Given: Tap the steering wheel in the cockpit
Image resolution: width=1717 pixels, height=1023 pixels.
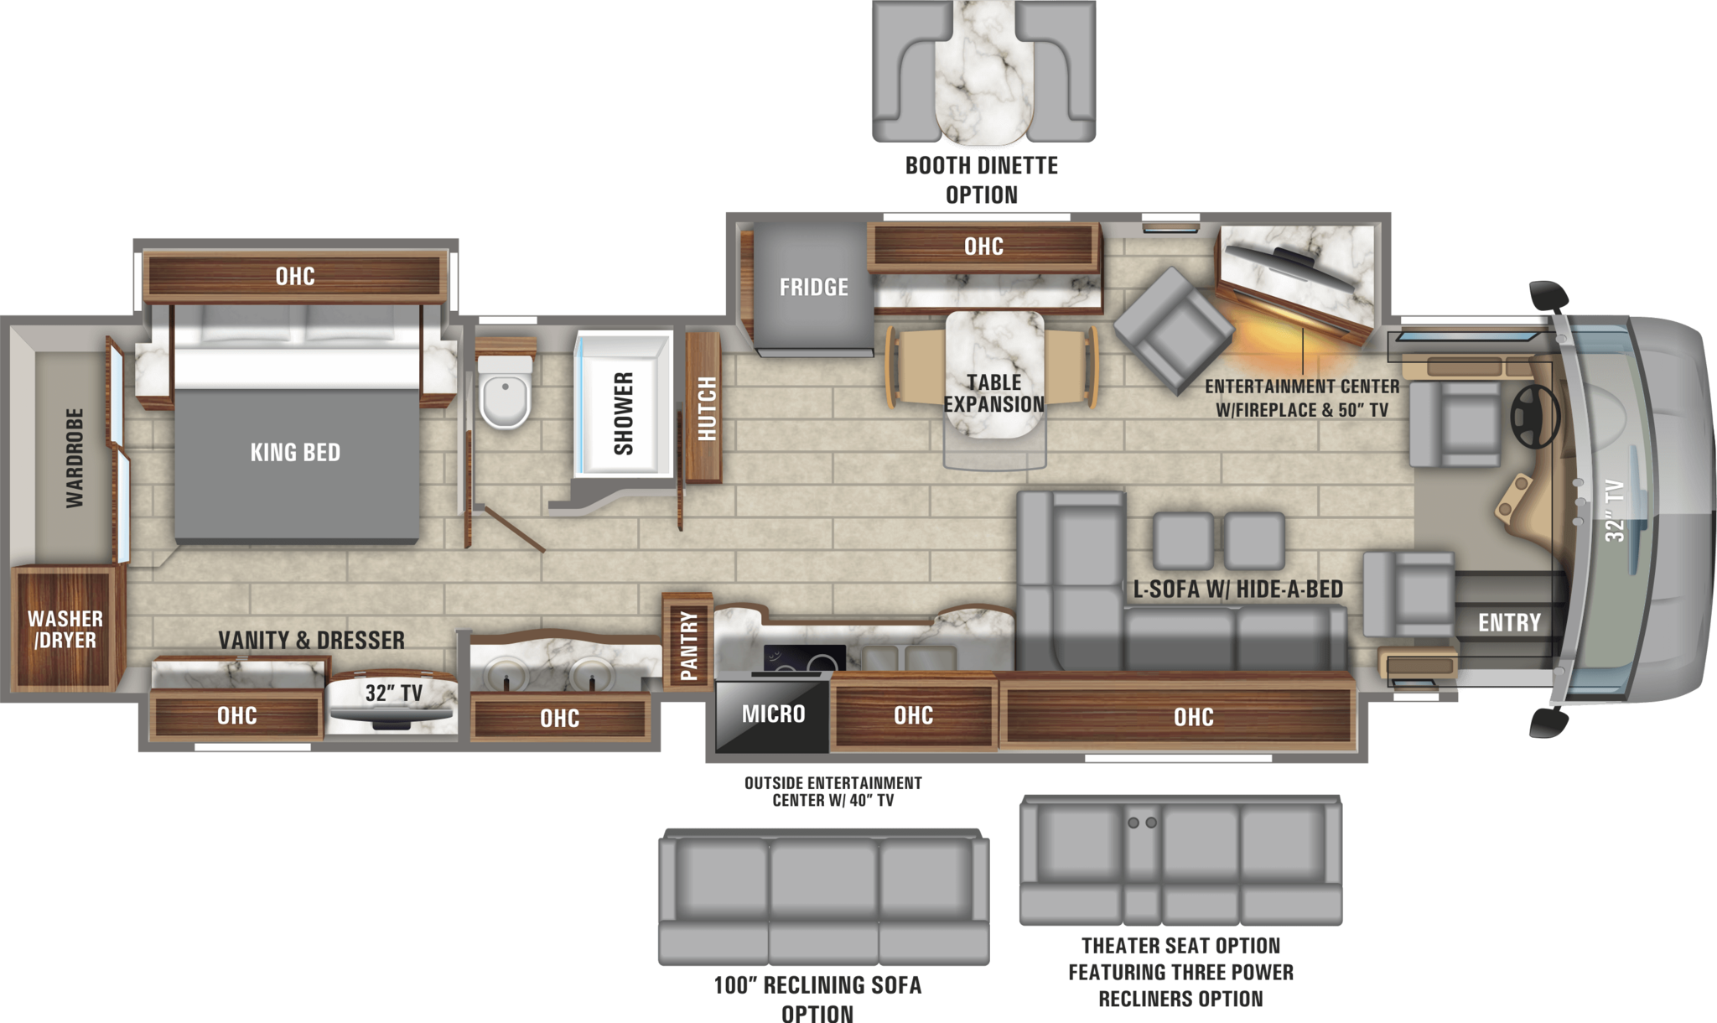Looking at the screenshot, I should point(1534,417).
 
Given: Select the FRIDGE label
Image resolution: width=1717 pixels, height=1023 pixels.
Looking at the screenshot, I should point(813,288).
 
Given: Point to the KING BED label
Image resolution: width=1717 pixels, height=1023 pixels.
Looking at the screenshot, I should point(295,453).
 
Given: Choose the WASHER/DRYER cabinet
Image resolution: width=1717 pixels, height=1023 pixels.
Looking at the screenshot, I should point(65,629).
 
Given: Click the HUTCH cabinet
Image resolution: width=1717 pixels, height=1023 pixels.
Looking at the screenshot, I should point(706,408).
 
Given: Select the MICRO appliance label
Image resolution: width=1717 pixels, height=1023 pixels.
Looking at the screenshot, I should point(773,714).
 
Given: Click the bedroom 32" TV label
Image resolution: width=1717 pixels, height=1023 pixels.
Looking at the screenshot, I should point(393,693).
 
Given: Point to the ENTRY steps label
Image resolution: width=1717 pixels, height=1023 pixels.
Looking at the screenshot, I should point(1508,623).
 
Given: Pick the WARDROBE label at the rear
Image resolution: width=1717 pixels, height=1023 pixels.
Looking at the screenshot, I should point(75,458).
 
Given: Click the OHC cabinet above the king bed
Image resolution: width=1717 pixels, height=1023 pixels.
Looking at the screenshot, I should point(295,276).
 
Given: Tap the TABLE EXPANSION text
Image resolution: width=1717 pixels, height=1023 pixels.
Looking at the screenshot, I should point(993,393).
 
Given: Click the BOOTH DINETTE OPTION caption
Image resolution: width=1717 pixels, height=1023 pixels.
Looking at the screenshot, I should point(981,179).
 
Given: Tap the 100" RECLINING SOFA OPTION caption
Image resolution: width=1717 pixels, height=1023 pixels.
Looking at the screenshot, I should point(817,998).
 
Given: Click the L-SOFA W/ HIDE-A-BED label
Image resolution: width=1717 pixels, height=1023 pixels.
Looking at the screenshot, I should point(1237,589).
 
